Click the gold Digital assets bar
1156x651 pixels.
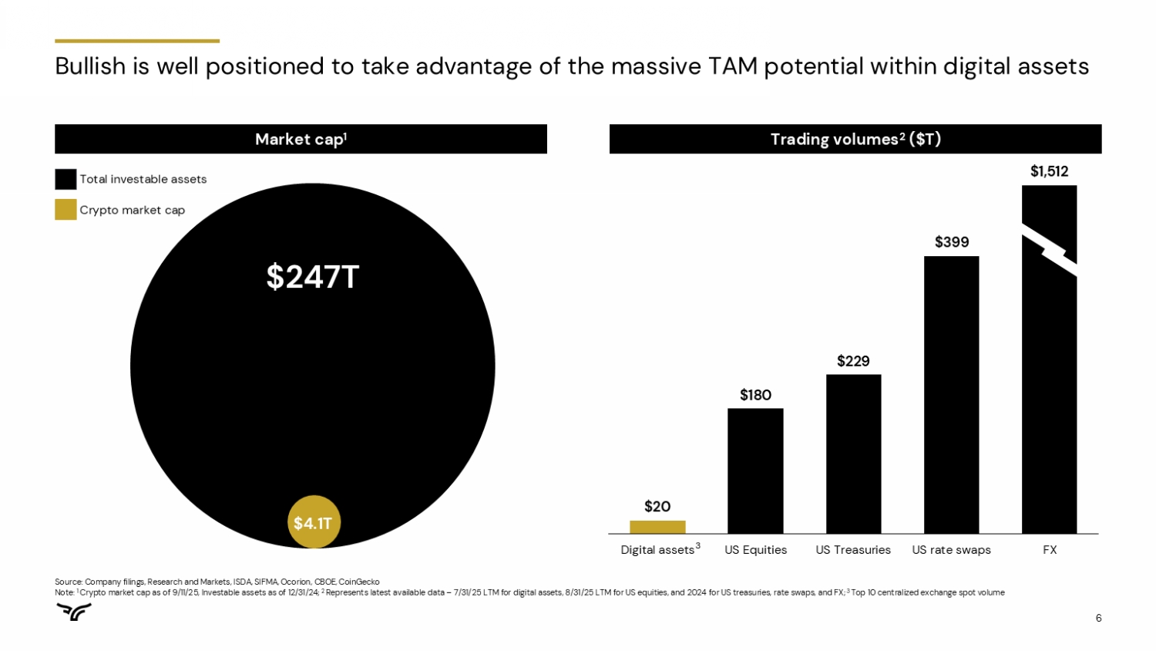tap(657, 527)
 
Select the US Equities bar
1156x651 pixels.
tap(755, 471)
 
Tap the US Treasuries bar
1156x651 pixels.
tap(853, 454)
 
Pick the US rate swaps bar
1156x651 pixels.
tap(951, 394)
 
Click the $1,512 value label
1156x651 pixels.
tap(1049, 171)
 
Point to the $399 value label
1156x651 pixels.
tap(952, 242)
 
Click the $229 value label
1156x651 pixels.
tap(853, 361)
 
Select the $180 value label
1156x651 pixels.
tap(755, 395)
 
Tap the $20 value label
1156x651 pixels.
tap(657, 507)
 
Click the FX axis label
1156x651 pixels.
tap(1050, 550)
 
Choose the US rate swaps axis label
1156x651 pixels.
tap(951, 550)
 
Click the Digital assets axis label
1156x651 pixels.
tap(657, 550)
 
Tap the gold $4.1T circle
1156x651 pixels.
tap(314, 522)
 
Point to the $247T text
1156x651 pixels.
tap(312, 277)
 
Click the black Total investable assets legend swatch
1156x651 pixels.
tap(66, 179)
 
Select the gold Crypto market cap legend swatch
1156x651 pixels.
tap(66, 210)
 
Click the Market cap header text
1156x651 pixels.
tap(301, 139)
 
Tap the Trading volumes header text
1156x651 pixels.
tap(855, 139)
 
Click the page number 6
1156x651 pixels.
tap(1098, 618)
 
